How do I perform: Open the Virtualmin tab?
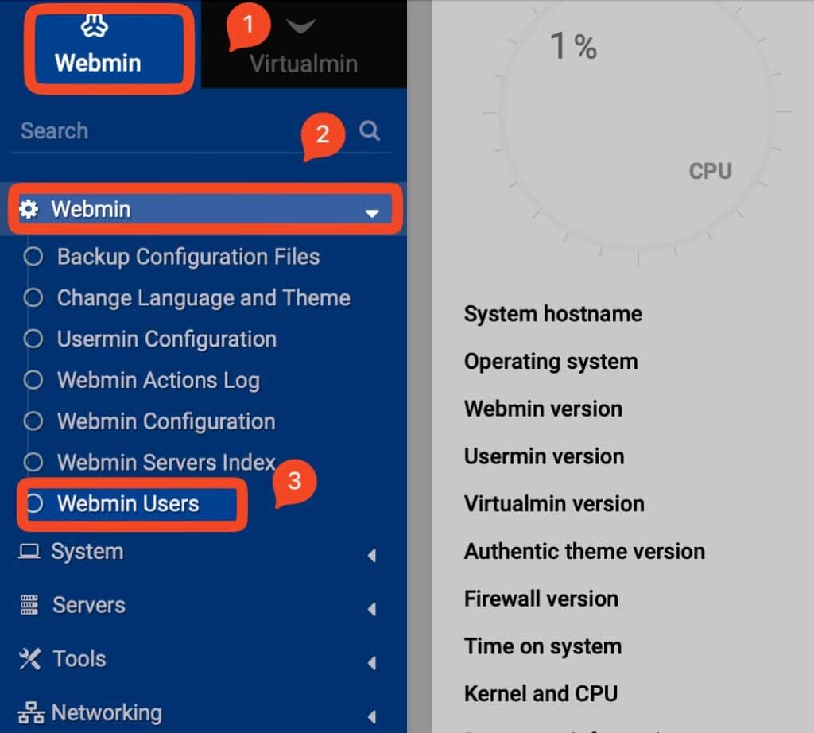coord(303,49)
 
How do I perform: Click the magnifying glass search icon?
coord(370,130)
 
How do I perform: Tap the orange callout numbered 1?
coord(248,27)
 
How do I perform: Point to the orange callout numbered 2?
coord(323,135)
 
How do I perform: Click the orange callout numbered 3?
coord(294,483)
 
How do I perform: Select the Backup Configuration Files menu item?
coord(188,257)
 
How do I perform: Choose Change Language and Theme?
coord(203,298)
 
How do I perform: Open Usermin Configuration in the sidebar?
coord(166,339)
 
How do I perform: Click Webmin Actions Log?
coord(158,381)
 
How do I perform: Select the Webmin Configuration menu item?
coord(165,421)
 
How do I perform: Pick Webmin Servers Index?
coord(165,463)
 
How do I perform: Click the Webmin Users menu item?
coord(128,504)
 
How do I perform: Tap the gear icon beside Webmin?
coord(29,209)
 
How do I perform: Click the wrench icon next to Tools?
coord(29,658)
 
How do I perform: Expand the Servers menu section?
coord(88,605)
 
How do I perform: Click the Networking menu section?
coord(106,712)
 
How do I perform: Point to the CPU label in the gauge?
coord(710,171)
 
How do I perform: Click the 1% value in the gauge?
coord(573,47)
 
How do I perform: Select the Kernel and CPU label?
coord(541,693)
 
